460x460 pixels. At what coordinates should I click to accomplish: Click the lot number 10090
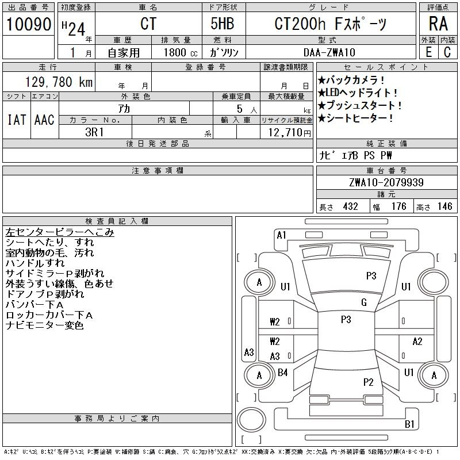coord(29,25)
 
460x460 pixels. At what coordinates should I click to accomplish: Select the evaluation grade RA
coord(438,24)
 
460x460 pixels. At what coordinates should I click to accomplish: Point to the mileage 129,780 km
coord(57,82)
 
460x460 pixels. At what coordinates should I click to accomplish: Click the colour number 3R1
coord(94,132)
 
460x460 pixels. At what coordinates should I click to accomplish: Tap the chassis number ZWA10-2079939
coord(386,183)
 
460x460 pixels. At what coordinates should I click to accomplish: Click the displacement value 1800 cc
coord(180,52)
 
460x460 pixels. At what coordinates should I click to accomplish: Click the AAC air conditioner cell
coord(44,120)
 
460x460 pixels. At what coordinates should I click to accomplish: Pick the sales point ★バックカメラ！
coord(351,80)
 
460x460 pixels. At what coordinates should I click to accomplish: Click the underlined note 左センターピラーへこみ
coord(60,232)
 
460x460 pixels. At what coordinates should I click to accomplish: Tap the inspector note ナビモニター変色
coord(45,325)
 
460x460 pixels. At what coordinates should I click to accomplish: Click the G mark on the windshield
coord(364,302)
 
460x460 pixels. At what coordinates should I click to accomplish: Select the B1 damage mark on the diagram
coord(409,424)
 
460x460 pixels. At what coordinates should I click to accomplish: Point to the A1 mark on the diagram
coord(281,235)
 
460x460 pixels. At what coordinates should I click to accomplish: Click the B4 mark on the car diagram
coord(282,373)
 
